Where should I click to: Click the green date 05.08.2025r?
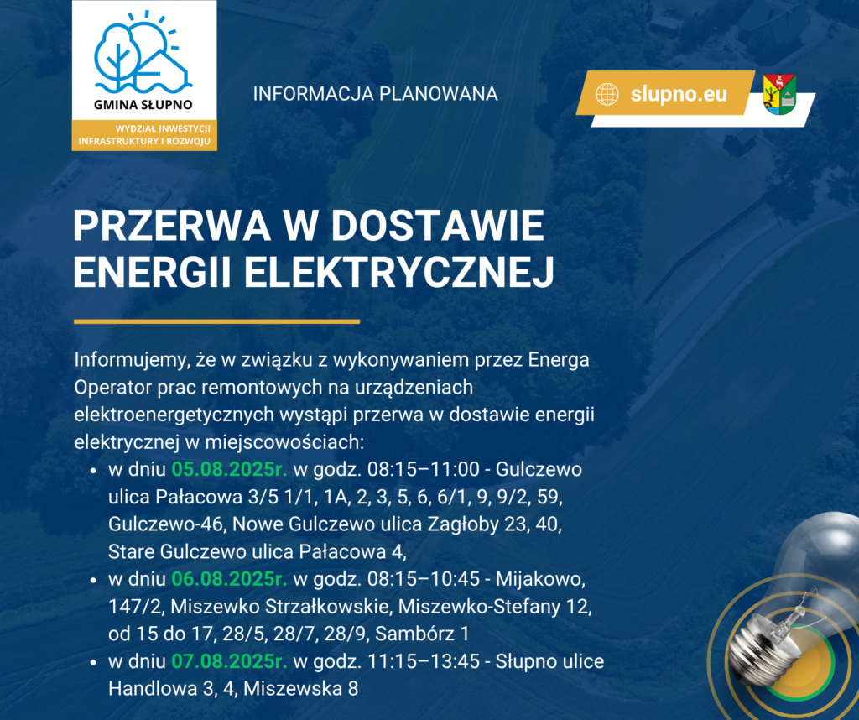coord(230,470)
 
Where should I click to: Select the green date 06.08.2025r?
coord(230,579)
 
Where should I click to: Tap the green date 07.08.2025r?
coord(230,661)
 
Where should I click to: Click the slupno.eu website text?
coord(678,94)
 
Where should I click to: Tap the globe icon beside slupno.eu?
coord(607,94)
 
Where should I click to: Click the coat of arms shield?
coord(779,94)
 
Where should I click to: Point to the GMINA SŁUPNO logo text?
coord(143,104)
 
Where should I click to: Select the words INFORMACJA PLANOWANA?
coord(375,94)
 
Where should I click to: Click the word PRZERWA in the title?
coord(171,226)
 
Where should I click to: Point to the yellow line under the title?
coord(217,321)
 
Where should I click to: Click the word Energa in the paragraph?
coord(559,361)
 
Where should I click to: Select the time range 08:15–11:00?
coord(423,470)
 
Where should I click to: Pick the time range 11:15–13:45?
coord(423,661)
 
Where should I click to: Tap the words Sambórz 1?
coord(422,634)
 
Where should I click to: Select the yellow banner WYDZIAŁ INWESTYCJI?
coord(144,135)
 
